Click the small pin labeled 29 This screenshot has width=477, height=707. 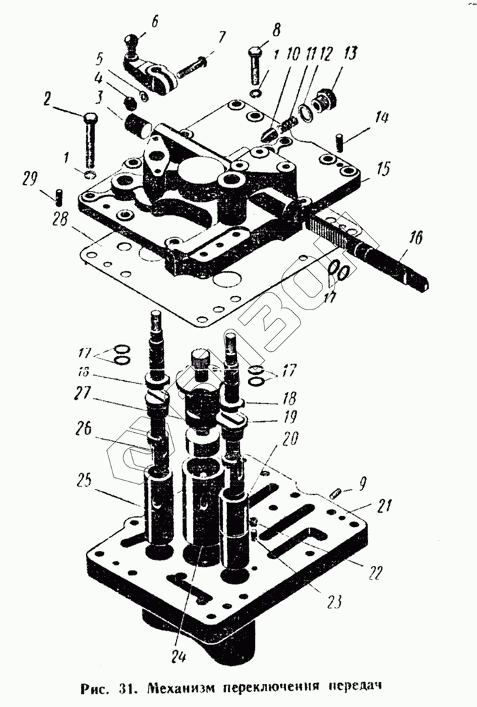59,196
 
